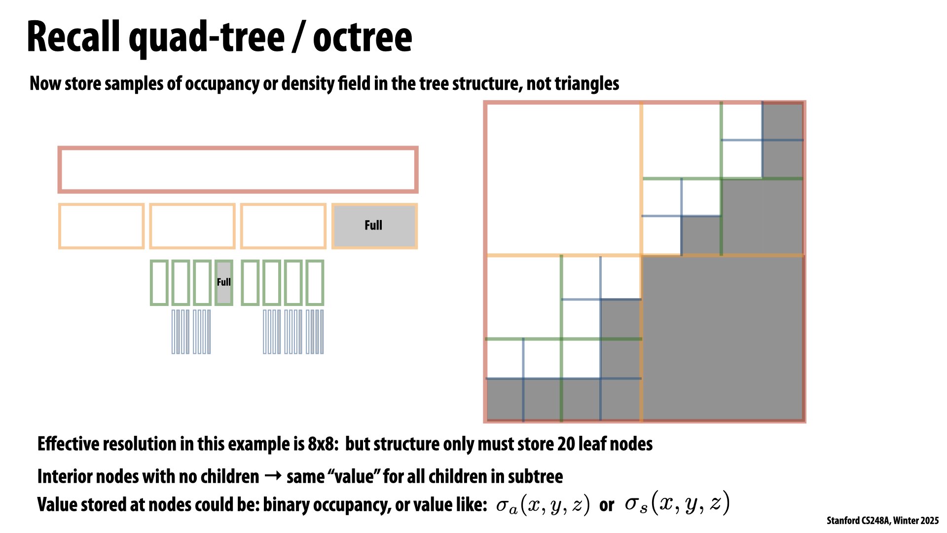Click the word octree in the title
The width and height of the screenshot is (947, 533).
point(363,38)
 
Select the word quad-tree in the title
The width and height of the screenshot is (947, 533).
point(207,38)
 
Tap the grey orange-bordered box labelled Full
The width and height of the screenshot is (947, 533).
point(374,226)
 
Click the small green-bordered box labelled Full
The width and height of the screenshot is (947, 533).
point(224,283)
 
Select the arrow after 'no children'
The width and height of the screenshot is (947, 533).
point(273,476)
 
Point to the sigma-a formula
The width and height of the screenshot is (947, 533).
point(543,504)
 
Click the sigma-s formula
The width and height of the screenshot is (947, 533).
point(677,503)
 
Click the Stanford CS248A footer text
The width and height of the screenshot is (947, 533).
point(883,521)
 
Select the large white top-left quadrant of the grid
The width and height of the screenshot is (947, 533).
point(563,179)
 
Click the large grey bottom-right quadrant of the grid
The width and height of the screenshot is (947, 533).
point(723,338)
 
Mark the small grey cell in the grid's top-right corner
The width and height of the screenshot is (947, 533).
point(783,121)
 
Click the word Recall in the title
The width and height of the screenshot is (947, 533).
point(73,38)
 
